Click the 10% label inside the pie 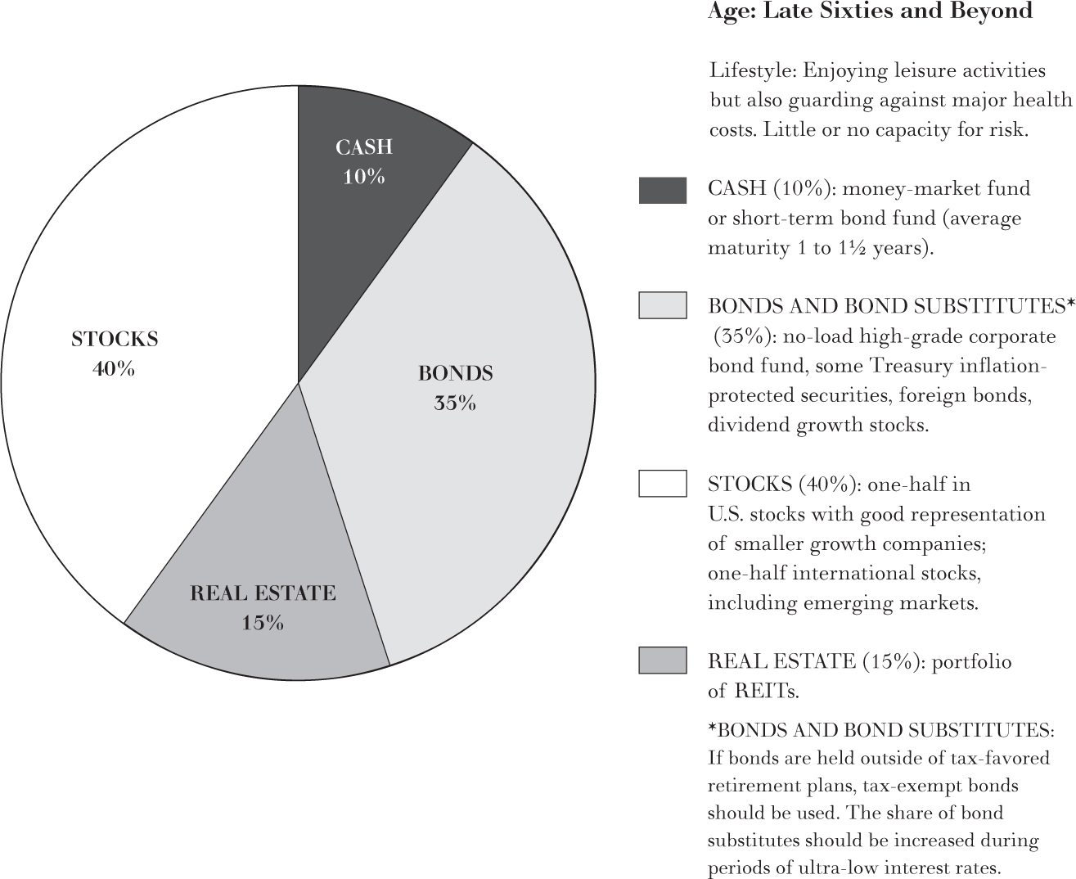(x=363, y=177)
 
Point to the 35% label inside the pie (x=455, y=403)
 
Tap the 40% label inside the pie (x=114, y=369)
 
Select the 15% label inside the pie (x=263, y=623)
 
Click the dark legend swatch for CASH (x=662, y=190)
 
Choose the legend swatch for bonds (x=662, y=306)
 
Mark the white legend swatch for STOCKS (x=662, y=484)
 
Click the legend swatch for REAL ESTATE (x=662, y=660)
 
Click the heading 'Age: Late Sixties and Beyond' (x=869, y=11)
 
